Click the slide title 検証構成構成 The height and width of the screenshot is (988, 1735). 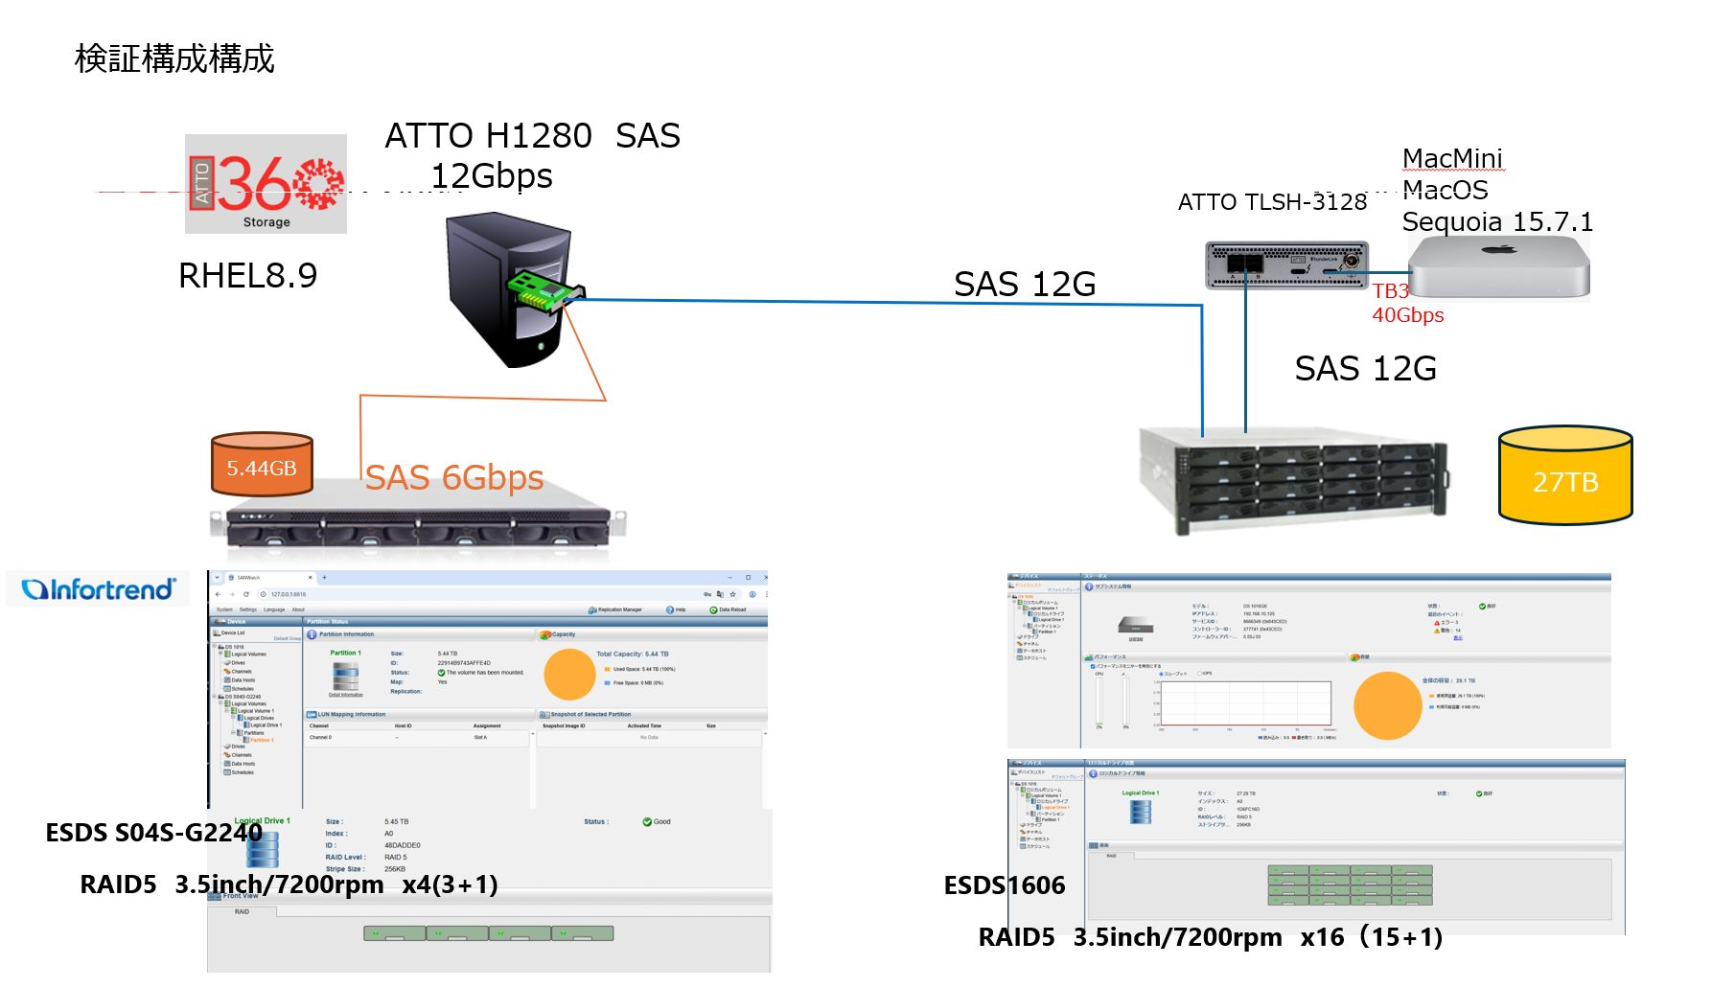(174, 58)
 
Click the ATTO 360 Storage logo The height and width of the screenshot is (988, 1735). (266, 184)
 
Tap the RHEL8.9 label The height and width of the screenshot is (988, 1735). (247, 276)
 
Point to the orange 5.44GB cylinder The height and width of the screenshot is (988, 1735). (262, 465)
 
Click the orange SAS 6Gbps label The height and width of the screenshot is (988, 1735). (454, 477)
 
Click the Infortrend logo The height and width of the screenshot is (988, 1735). (99, 589)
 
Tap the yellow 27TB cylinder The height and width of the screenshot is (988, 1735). (1564, 476)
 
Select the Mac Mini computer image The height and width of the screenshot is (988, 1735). (1498, 268)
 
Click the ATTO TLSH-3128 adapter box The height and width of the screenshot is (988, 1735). (1285, 264)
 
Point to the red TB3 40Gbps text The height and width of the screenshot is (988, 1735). (1406, 303)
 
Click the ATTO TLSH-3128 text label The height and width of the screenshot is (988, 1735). (1272, 202)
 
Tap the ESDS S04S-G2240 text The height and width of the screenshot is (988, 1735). (153, 833)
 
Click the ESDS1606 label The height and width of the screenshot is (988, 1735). (1004, 885)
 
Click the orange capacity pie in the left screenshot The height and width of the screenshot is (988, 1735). (569, 675)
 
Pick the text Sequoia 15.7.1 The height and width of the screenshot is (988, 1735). (1497, 222)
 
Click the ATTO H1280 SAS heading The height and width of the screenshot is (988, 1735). (532, 136)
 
